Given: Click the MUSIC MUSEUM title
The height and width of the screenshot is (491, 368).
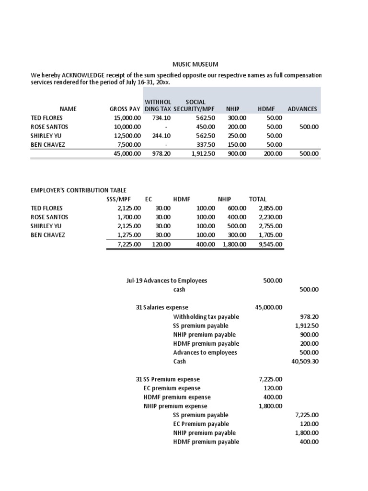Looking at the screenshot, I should pos(195,64).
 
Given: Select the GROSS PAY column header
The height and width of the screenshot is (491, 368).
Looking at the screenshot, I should pos(125,109).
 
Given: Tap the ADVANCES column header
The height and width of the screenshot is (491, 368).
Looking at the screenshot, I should pos(302,109).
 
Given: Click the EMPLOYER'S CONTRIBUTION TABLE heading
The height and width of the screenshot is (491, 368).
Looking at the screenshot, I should pos(79,190).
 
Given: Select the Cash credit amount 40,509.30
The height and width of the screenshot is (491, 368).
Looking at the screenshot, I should pos(305,362).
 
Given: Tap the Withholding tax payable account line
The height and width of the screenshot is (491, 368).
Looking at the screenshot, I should pos(206,316).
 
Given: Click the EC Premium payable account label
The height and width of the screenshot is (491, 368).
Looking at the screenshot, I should pos(201,424).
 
